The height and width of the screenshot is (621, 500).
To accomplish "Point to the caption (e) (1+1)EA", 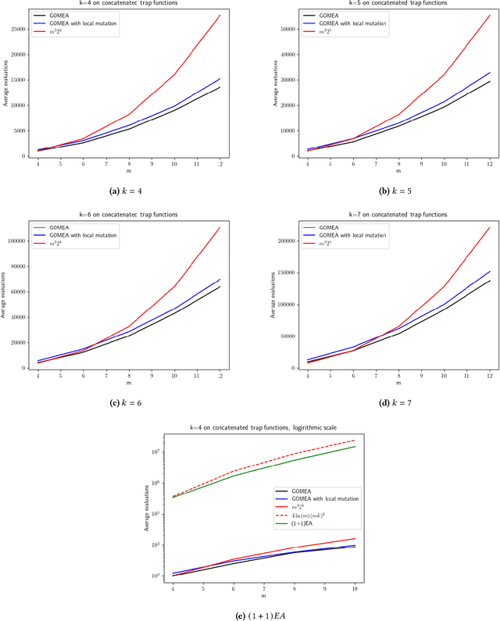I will click(x=250, y=616).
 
